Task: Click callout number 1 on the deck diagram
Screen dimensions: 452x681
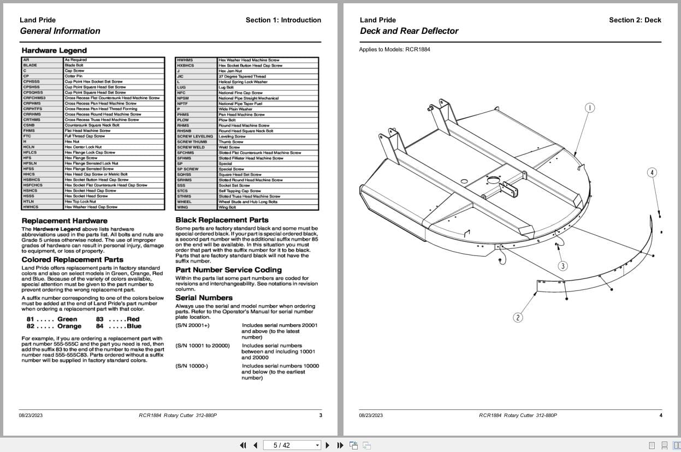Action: point(590,108)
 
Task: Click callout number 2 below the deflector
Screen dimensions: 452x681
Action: point(518,317)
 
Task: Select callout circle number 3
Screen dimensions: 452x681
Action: point(562,266)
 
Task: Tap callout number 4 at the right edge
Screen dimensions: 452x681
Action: point(652,173)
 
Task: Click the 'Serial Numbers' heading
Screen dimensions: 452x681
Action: point(204,298)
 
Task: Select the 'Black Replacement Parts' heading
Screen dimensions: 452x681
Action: point(222,220)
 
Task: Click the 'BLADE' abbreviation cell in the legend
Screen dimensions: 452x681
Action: point(31,66)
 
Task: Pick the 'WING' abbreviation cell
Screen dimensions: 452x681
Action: point(182,207)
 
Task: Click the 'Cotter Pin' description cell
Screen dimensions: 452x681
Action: point(73,76)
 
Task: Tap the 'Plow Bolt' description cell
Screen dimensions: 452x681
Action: point(227,120)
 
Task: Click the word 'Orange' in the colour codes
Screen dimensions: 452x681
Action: point(69,326)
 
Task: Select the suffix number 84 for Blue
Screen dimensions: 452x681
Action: point(99,326)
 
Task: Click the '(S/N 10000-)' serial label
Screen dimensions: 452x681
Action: point(192,366)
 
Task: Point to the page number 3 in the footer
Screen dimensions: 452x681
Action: point(321,415)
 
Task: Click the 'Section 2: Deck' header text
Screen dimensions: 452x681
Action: point(635,20)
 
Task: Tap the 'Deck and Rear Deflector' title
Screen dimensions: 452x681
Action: point(409,31)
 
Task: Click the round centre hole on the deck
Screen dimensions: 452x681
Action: point(464,181)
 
